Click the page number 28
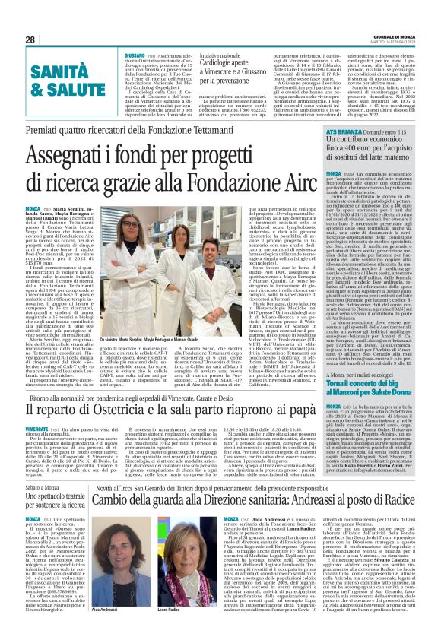[30, 40]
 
